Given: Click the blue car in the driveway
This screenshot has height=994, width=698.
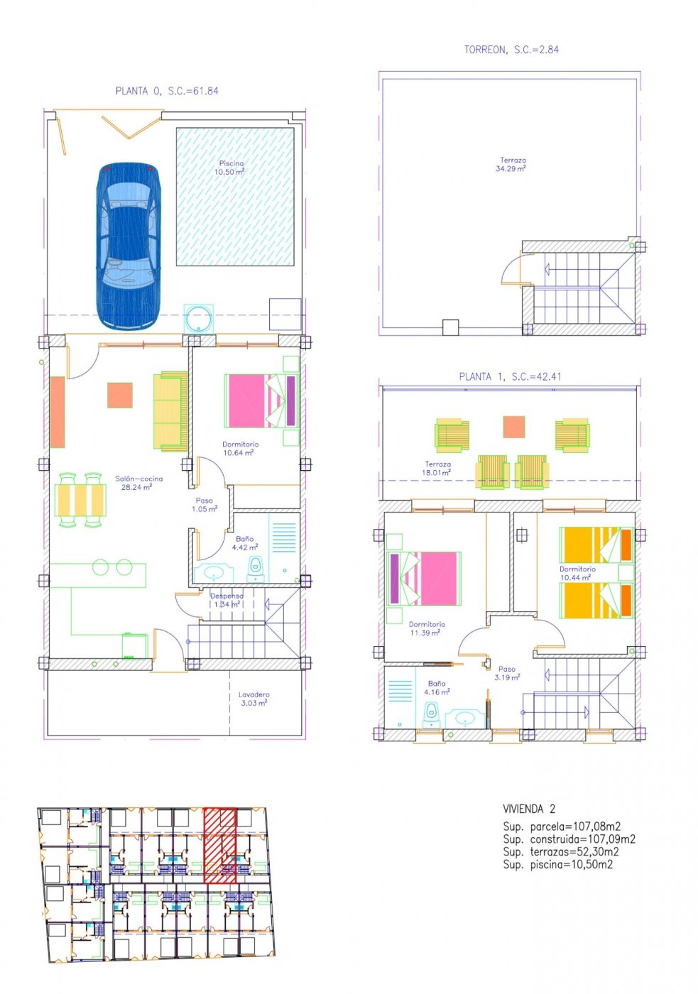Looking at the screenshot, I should click(x=127, y=246).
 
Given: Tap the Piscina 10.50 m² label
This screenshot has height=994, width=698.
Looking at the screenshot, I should click(x=231, y=168).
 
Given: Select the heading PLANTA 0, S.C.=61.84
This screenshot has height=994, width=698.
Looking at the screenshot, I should click(x=167, y=91).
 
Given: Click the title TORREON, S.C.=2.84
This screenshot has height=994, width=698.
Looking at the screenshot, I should click(x=511, y=50).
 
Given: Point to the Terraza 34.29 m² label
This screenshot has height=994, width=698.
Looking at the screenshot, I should click(x=511, y=165).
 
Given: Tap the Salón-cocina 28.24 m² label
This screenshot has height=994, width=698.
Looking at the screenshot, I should click(x=138, y=483).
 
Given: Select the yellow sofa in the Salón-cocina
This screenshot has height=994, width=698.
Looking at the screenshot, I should click(x=170, y=411).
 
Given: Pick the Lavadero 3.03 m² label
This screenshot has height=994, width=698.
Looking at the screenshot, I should click(x=253, y=699).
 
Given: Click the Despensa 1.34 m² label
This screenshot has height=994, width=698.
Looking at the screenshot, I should click(x=227, y=600).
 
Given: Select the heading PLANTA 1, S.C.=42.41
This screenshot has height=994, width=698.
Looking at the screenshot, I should click(x=510, y=376).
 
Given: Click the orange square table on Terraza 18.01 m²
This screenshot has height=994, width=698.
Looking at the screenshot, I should click(x=514, y=427).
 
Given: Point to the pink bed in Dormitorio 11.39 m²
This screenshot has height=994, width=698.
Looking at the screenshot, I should click(x=423, y=578).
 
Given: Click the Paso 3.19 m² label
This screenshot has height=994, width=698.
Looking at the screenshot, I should click(x=507, y=673).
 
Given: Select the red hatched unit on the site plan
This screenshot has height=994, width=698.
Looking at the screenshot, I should click(x=219, y=845).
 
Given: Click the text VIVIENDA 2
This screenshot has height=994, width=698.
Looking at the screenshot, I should click(x=529, y=809).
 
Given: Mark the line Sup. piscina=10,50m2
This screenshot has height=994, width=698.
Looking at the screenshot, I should click(x=557, y=864).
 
